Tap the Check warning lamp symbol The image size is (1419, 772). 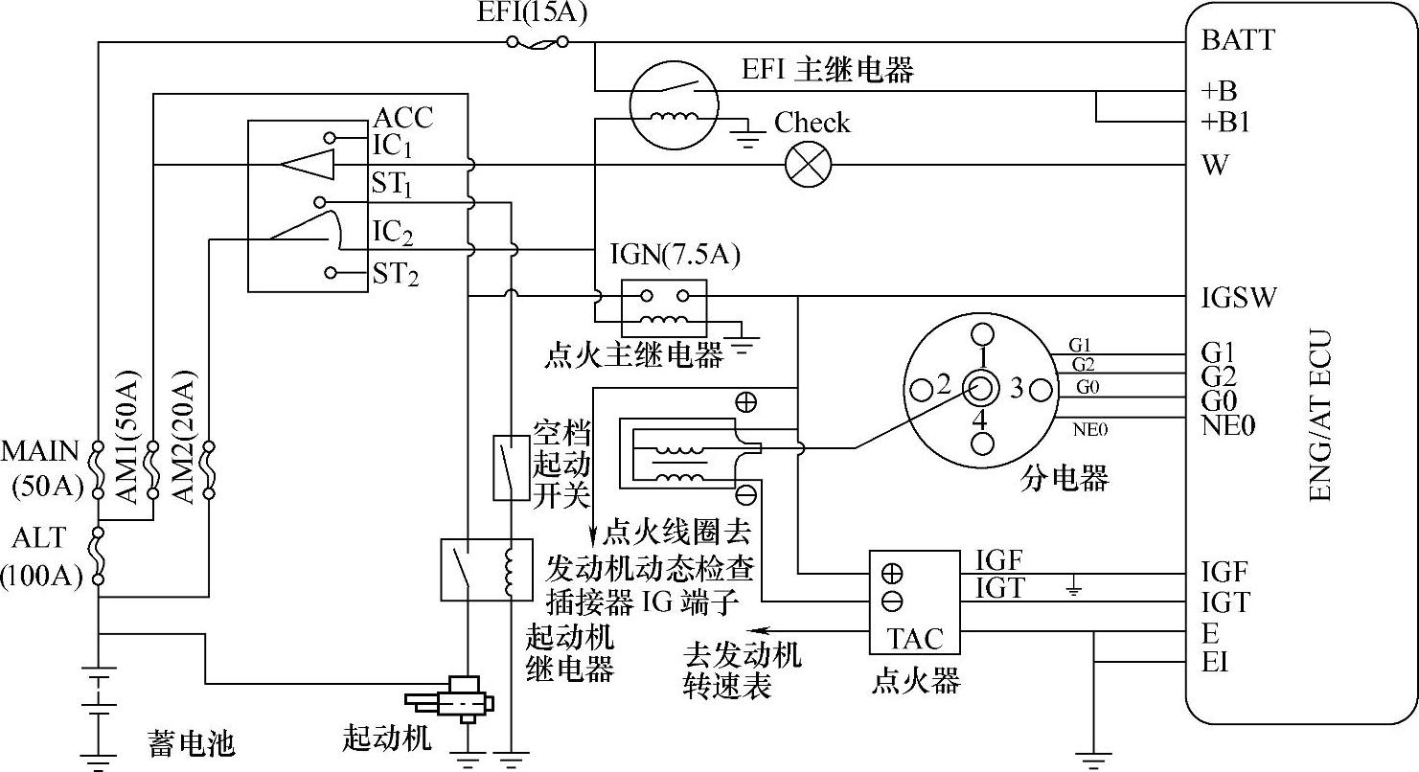click(808, 165)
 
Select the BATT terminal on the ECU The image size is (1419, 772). click(1237, 40)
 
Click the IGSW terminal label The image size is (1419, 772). click(1238, 297)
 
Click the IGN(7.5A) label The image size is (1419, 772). click(675, 257)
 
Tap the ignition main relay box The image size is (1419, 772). click(664, 305)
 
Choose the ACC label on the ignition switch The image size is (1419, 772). click(402, 118)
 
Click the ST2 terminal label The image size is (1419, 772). click(396, 276)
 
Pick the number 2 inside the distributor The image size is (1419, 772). click(943, 386)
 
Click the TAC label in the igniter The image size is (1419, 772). click(914, 638)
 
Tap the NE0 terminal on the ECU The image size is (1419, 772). click(1227, 424)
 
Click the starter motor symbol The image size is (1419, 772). click(450, 696)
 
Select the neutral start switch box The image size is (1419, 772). click(511, 467)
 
